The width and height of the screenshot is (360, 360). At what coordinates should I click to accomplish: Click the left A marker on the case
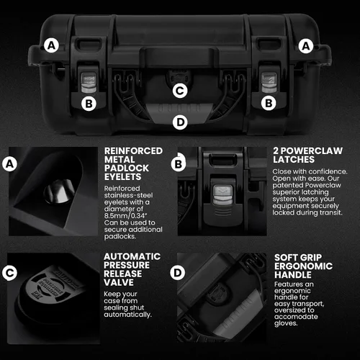pos(52,45)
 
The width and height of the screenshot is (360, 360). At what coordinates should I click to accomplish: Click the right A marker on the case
pos(306,46)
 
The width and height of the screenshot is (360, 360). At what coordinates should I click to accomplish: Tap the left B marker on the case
pos(89,104)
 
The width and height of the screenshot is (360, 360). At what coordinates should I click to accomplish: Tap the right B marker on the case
pos(269,103)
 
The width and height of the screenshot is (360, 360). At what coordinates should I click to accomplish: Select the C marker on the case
pos(180,91)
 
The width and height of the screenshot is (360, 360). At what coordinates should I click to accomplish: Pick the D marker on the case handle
pos(180,122)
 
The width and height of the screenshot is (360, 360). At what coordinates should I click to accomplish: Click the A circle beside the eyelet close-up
pos(9,164)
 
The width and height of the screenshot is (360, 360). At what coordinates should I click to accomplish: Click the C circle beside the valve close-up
pos(9,273)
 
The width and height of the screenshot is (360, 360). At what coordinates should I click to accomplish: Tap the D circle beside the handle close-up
pos(178,273)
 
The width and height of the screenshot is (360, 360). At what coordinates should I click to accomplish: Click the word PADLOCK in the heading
pos(127,168)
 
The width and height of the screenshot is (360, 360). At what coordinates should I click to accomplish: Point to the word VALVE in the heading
pos(119,282)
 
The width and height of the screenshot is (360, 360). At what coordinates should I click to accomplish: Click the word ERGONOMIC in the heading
pos(303,266)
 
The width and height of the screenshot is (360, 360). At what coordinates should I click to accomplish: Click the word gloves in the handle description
pos(286,323)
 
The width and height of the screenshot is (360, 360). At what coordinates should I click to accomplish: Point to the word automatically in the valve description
pos(127,315)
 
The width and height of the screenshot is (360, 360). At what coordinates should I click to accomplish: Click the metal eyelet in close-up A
pos(59,192)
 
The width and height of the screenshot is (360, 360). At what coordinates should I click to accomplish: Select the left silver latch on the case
pos(89,82)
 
